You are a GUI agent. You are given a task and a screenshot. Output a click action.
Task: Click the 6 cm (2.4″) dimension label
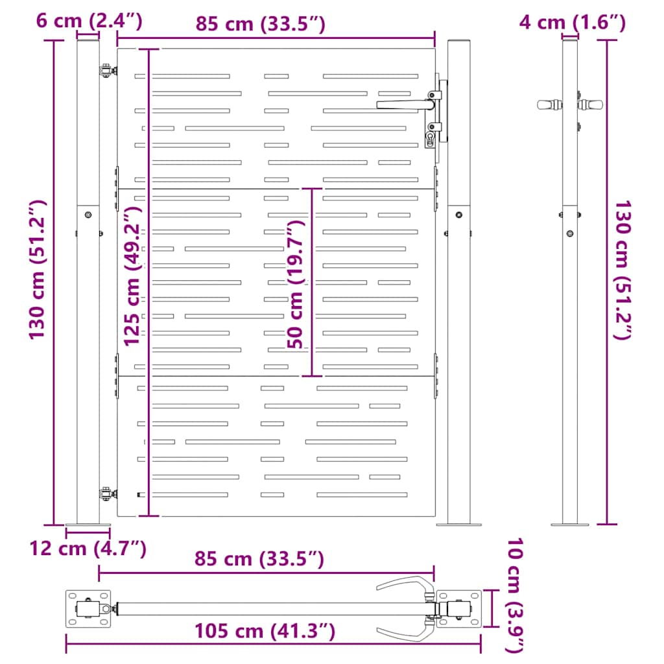(x=89, y=21)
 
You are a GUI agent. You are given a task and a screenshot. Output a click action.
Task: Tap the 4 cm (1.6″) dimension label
(x=572, y=23)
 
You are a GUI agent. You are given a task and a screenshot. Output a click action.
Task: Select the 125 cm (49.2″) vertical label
(x=132, y=276)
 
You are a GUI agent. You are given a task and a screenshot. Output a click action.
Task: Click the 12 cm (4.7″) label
(x=88, y=549)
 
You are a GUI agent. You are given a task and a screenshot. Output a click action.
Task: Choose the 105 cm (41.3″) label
(x=265, y=630)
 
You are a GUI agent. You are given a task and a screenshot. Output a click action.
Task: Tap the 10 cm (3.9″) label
(x=516, y=595)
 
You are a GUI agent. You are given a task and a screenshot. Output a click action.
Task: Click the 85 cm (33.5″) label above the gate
(x=260, y=24)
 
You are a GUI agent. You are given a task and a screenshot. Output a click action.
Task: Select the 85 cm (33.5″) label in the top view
(x=259, y=559)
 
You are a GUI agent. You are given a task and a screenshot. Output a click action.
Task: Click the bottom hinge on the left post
(x=105, y=494)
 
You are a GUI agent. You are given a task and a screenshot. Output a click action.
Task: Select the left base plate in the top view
(x=88, y=609)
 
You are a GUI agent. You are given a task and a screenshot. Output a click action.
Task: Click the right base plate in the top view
(x=459, y=609)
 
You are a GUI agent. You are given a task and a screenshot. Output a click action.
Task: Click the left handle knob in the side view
(x=549, y=104)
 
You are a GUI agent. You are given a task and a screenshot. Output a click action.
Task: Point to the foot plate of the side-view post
(x=569, y=523)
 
